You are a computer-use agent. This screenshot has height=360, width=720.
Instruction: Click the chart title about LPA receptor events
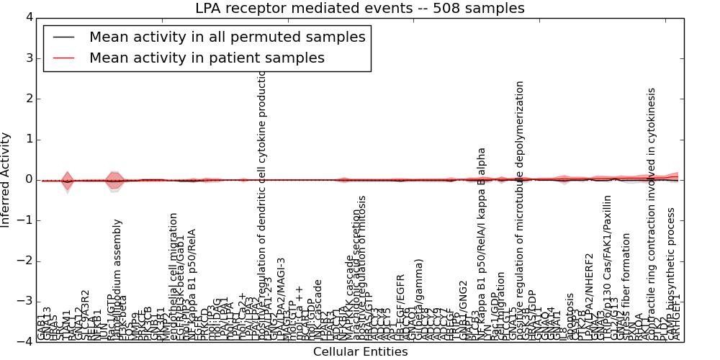pos(359,8)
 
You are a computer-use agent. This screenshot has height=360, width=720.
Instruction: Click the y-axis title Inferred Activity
pos(6,179)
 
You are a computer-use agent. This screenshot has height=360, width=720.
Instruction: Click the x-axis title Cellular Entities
pos(360,351)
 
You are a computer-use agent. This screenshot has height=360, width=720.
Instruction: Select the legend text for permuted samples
pos(227,37)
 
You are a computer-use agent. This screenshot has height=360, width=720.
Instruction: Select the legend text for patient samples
pos(207,58)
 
